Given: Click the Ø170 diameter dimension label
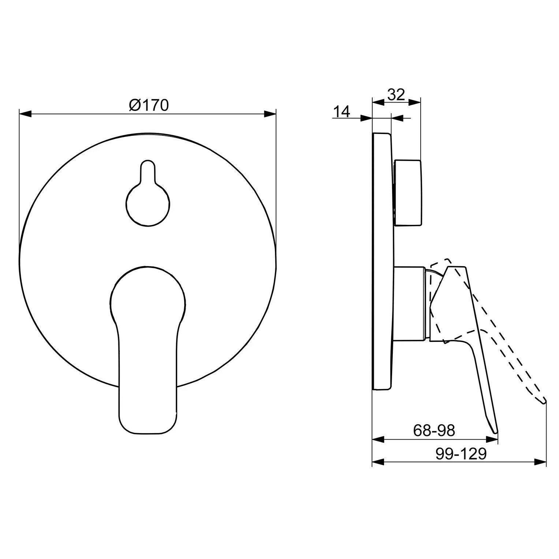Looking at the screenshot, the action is coord(149,105).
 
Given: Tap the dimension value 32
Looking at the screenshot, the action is coord(396,94).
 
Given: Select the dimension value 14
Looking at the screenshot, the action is coord(342,111).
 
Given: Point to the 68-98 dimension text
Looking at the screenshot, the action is coord(434,431).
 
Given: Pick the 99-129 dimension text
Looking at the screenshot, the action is coord(461,454).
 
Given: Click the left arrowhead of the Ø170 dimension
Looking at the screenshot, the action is coord(25,115).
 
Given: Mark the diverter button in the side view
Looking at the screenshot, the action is coord(407,193).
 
